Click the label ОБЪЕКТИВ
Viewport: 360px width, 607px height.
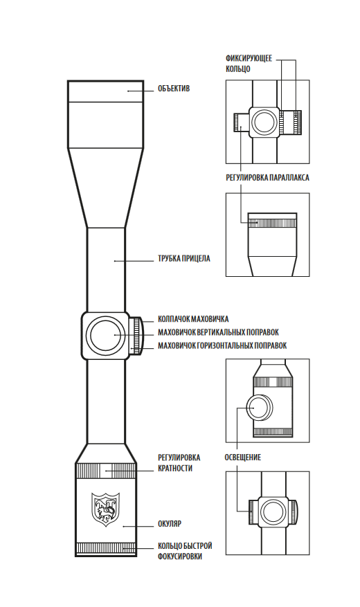coord(174,89)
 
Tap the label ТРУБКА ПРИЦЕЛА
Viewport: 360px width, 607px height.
coord(184,258)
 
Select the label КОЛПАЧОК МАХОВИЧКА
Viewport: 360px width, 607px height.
coord(193,319)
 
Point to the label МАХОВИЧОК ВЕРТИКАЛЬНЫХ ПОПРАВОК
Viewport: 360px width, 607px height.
coord(218,332)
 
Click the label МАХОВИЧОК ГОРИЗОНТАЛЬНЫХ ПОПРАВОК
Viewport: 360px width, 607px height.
coord(222,345)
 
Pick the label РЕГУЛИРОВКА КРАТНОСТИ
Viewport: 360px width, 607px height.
coord(179,463)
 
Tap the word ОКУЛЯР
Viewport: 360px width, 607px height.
coord(170,524)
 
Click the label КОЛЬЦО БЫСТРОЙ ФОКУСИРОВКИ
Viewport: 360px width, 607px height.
coord(185,551)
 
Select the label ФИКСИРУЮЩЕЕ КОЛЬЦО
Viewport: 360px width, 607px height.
coord(249,64)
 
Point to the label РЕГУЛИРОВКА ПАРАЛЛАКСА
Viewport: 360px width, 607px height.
coord(267,178)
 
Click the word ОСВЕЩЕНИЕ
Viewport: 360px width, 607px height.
coord(243,457)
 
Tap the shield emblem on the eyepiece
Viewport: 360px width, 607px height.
coord(106,509)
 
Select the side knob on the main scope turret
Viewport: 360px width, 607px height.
coord(135,335)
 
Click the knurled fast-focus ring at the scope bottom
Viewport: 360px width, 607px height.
coord(106,549)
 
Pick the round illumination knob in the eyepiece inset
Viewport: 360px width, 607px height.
coord(260,408)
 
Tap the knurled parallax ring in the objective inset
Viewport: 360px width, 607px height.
coord(273,224)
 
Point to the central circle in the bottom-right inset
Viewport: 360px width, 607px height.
coord(273,511)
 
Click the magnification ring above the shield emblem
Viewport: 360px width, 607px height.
coord(106,471)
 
